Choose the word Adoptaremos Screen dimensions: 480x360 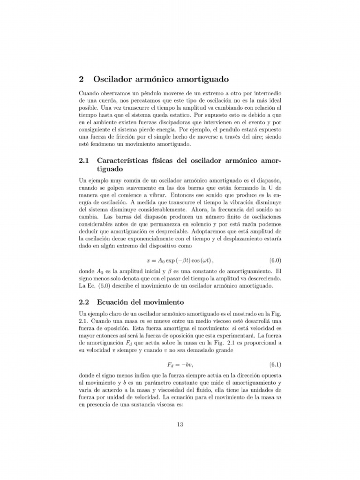click(x=204, y=232)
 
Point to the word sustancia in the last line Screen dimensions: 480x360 click(x=140, y=405)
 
